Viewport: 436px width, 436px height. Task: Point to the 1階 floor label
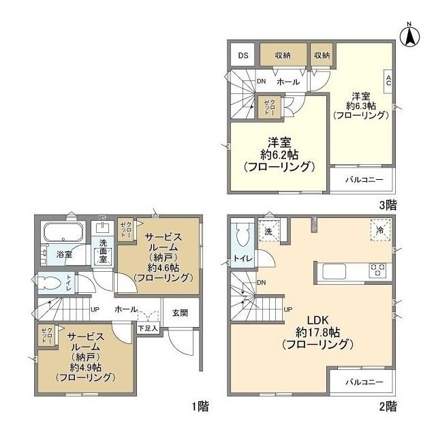point(200,407)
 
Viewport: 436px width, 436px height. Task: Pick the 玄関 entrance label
point(180,313)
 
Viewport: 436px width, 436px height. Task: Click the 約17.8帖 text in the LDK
point(318,332)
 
